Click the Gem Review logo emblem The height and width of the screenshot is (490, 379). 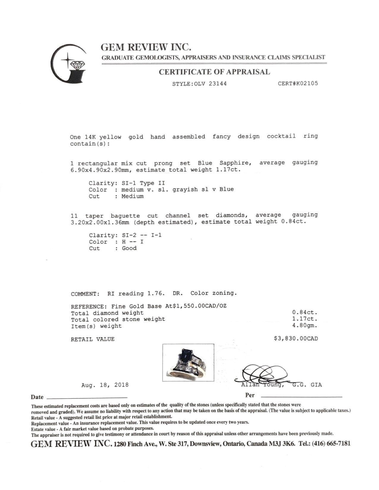(68, 63)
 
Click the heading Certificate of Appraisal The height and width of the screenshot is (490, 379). (214, 72)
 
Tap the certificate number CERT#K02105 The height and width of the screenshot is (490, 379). (298, 83)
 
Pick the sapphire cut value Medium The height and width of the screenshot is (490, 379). (132, 196)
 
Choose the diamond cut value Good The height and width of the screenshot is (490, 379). (129, 248)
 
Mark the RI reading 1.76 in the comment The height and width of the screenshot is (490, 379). (155, 293)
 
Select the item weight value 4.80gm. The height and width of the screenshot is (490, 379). (305, 325)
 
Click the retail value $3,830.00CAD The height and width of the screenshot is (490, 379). (296, 339)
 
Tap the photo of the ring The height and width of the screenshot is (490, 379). (188, 363)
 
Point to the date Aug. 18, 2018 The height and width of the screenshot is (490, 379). (105, 385)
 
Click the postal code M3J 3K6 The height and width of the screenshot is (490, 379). (280, 444)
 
